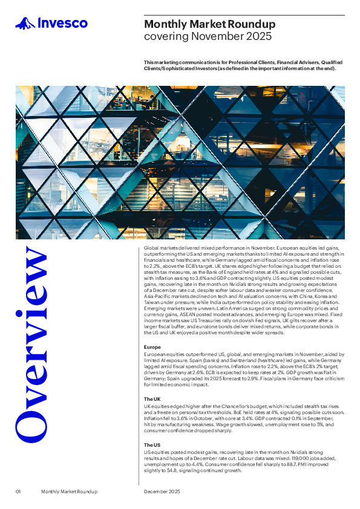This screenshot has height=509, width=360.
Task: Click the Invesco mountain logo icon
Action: pos(25,24)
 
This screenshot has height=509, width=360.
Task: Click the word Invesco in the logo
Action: pos(63,24)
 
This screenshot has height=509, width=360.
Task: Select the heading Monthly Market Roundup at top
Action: pos(209,24)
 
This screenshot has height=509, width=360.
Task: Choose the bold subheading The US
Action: pos(152,444)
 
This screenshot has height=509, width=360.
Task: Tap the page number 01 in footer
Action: pos(19,492)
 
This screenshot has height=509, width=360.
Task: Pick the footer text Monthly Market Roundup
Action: pos(69,492)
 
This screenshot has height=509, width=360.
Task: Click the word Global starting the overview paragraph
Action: pos(151,248)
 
